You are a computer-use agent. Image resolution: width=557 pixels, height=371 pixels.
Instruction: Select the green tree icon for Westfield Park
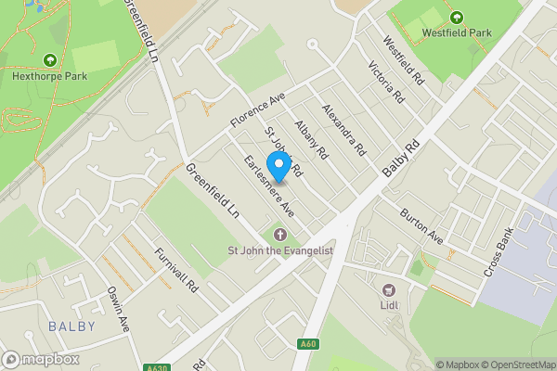click(456, 18)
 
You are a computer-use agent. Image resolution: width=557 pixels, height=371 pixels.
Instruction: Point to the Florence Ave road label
click(256, 109)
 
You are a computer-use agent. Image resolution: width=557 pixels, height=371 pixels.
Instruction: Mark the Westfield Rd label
click(403, 62)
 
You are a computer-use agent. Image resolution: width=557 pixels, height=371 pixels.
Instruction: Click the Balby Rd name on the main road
click(401, 159)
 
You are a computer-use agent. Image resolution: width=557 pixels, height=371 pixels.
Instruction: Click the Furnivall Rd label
click(177, 271)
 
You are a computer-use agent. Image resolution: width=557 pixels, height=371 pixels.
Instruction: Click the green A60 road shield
click(309, 344)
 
